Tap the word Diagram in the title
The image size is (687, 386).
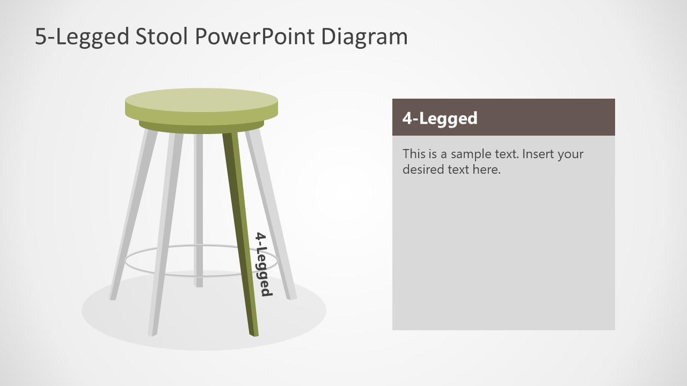[x=364, y=36]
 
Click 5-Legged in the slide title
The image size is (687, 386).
[x=82, y=36]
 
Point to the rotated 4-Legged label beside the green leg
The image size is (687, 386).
[x=262, y=264]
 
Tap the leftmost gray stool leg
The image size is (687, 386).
[x=132, y=214]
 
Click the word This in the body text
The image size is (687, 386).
[x=414, y=154]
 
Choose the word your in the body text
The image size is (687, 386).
[x=570, y=154]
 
